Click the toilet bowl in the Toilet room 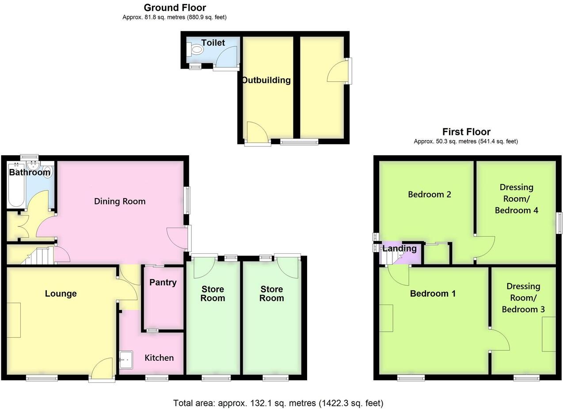pos(195,50)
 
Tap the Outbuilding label pos(266,80)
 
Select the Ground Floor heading pos(175,8)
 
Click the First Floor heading pos(466,132)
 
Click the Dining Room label pos(120,201)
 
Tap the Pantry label pos(163,283)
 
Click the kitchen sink pos(126,359)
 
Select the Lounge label pos(61,294)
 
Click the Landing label pos(399,248)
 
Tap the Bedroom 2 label pos(429,194)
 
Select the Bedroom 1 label pos(433,294)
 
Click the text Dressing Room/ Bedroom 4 pos(516,199)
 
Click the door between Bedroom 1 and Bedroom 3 pos(499,340)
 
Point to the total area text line pos(278,403)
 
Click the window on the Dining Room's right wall pos(187,201)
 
